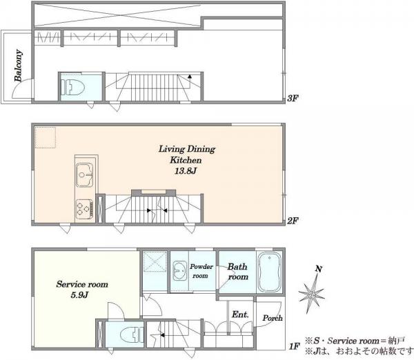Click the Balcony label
click(x=19, y=66)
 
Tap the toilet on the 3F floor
click(x=72, y=87)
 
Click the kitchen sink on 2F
click(x=84, y=175)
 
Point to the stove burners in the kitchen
click(x=84, y=209)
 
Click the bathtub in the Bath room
click(x=269, y=272)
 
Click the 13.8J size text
click(x=186, y=171)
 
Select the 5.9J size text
click(x=79, y=294)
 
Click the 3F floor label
click(x=293, y=99)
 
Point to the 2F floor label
click(x=293, y=221)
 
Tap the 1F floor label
click(x=295, y=346)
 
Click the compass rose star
click(x=312, y=293)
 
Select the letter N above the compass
click(x=319, y=269)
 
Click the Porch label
click(x=273, y=318)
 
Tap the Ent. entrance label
click(x=240, y=314)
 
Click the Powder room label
click(x=201, y=271)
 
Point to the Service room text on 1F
click(x=82, y=284)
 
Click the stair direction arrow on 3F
click(x=190, y=77)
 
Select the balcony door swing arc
click(x=19, y=87)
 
